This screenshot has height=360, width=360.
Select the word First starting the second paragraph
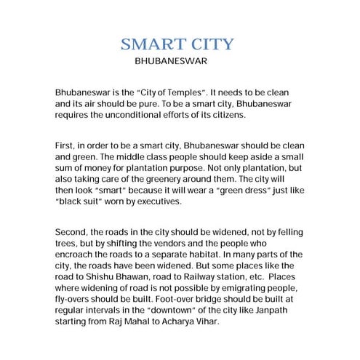coord(65,145)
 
